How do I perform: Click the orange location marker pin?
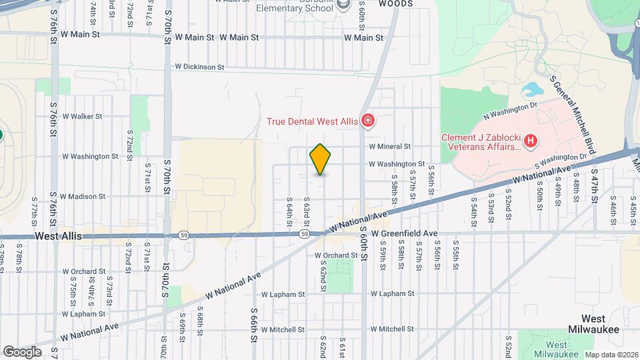point(321,159)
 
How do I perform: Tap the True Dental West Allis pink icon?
point(367,121)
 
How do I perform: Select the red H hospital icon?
point(530,141)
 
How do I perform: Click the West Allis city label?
point(57,236)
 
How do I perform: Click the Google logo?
point(22,351)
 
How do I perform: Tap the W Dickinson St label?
point(199,67)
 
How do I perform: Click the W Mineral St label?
point(390,146)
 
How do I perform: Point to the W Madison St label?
point(83,197)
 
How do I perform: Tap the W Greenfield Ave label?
point(405,233)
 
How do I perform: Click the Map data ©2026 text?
point(610,355)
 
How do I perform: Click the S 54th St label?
point(474,208)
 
